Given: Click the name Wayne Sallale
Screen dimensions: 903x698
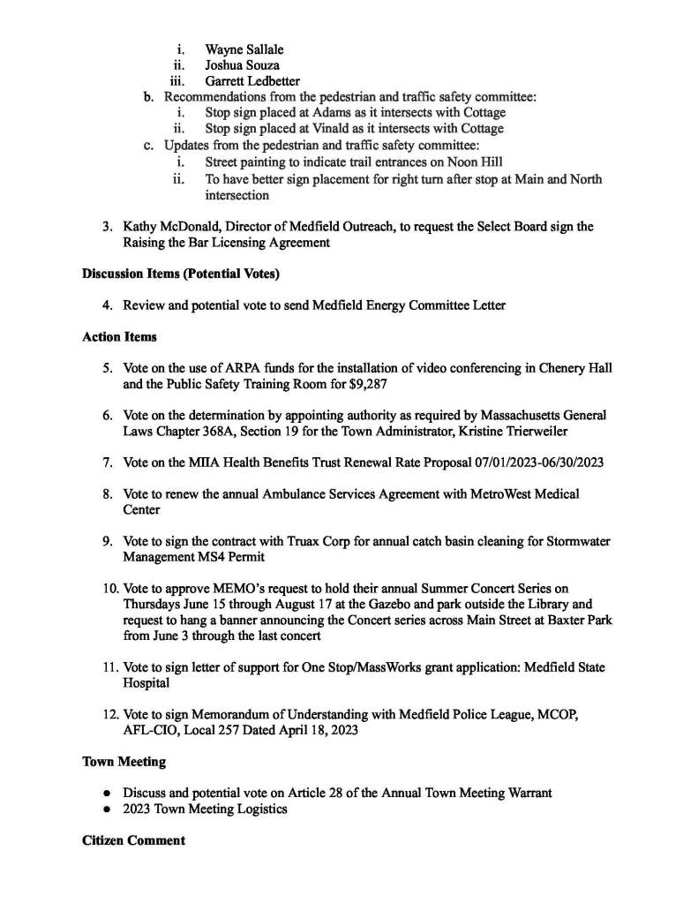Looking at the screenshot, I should [x=244, y=49].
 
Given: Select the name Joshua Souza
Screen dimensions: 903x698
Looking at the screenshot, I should [x=242, y=64].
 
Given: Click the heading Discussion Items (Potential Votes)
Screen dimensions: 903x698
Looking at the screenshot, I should [x=181, y=274].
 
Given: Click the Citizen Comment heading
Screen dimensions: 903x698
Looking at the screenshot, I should [x=133, y=839].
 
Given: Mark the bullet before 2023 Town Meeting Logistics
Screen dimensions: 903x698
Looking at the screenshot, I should [x=107, y=809].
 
